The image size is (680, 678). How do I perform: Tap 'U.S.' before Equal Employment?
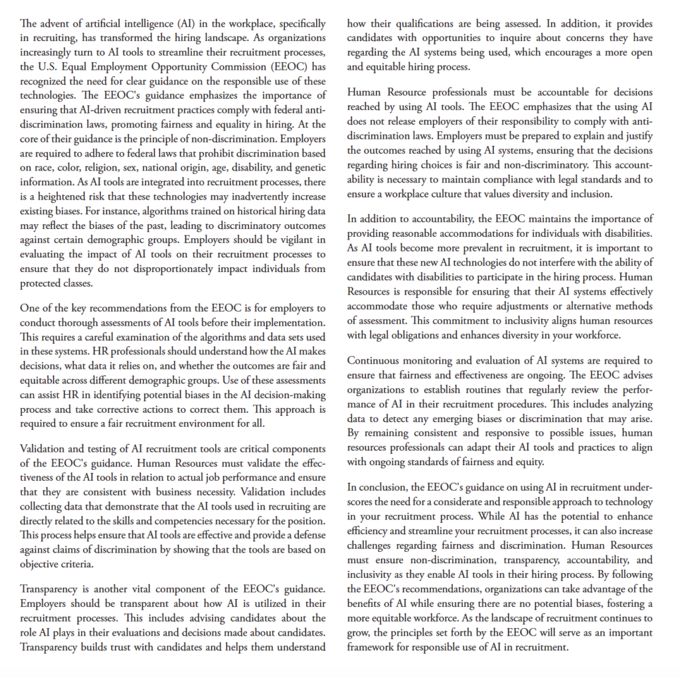pos(51,68)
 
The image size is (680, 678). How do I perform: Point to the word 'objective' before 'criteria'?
pos(42,565)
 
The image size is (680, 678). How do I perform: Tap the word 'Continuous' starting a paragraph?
pos(376,361)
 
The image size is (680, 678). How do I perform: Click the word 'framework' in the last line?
pos(374,647)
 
